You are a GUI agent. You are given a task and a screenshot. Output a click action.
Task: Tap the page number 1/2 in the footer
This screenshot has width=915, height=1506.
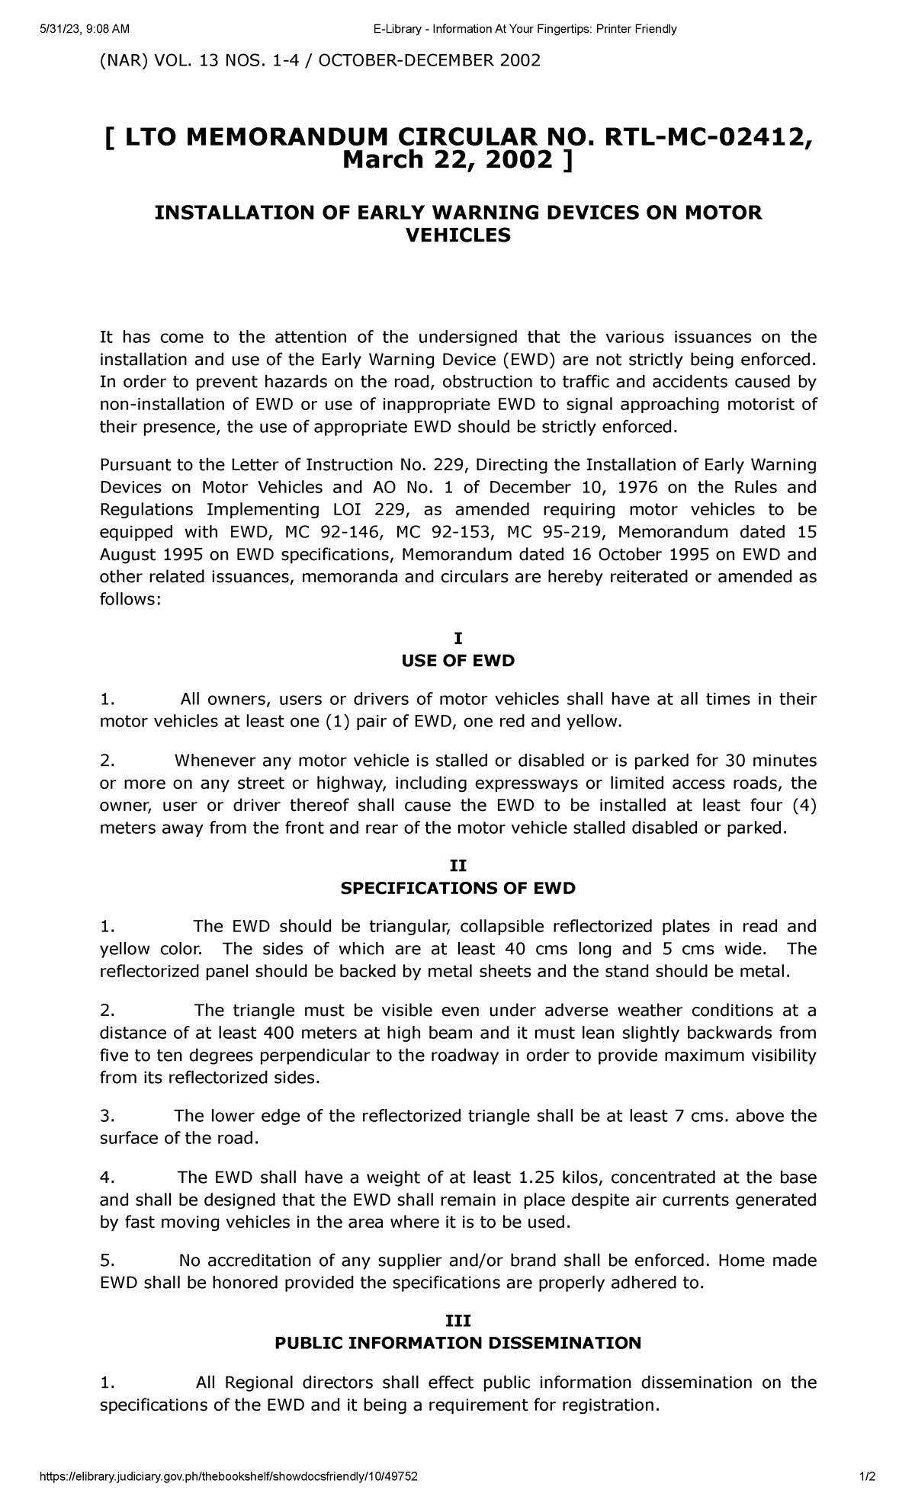(x=868, y=1476)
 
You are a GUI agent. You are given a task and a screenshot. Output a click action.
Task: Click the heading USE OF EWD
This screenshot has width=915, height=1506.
(x=457, y=661)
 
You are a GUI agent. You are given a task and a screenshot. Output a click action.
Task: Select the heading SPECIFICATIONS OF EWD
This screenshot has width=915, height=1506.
(x=457, y=888)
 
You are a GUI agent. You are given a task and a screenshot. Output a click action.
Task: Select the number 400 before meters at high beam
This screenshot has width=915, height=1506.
(x=278, y=1033)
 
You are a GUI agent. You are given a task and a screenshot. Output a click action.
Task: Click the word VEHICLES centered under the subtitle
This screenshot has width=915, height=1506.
(x=457, y=236)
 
